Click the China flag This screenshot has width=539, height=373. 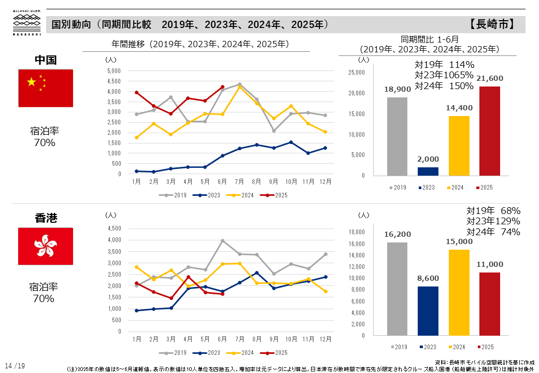[x=46, y=88]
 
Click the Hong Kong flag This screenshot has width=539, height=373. [x=46, y=246]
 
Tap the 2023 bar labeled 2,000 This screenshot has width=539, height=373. [x=428, y=171]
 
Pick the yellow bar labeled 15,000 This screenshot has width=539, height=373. [x=458, y=292]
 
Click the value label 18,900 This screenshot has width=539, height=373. [x=398, y=89]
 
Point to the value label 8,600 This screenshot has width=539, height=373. [x=428, y=278]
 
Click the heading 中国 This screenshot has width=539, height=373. [x=46, y=60]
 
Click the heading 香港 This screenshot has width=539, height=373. [x=46, y=218]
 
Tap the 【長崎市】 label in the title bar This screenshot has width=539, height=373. [x=492, y=24]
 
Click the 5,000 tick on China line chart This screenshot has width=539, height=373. [x=113, y=70]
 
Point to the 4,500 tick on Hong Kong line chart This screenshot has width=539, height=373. [x=113, y=228]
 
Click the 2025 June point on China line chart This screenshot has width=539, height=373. [x=222, y=87]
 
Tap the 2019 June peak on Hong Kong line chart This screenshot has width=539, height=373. [x=222, y=240]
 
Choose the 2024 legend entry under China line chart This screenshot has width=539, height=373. [x=244, y=195]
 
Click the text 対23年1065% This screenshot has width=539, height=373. [x=444, y=75]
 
